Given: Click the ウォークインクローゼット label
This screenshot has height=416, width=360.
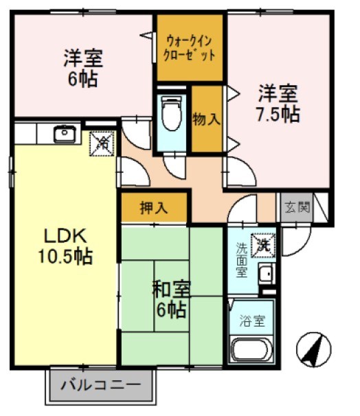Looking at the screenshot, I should click(x=190, y=47).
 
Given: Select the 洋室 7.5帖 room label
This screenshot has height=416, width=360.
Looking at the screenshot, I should click(x=278, y=102).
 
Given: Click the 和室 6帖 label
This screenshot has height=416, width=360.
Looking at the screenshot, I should click(x=170, y=299).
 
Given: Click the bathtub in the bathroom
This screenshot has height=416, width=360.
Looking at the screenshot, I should click(x=251, y=349).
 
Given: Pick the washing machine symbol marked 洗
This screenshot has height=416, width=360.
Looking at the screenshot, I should click(x=264, y=243).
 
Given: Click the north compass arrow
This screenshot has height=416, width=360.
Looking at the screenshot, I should click(x=312, y=351).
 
